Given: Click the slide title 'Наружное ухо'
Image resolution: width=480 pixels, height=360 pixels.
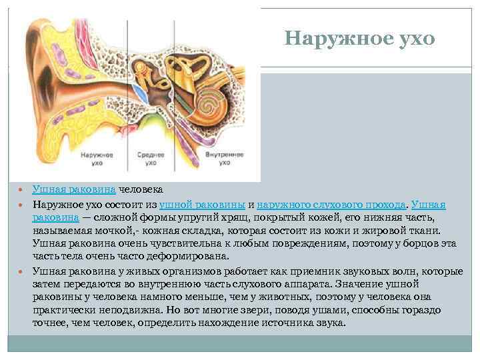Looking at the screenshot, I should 359,39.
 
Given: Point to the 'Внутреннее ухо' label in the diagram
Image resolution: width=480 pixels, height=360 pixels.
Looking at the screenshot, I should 219,158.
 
